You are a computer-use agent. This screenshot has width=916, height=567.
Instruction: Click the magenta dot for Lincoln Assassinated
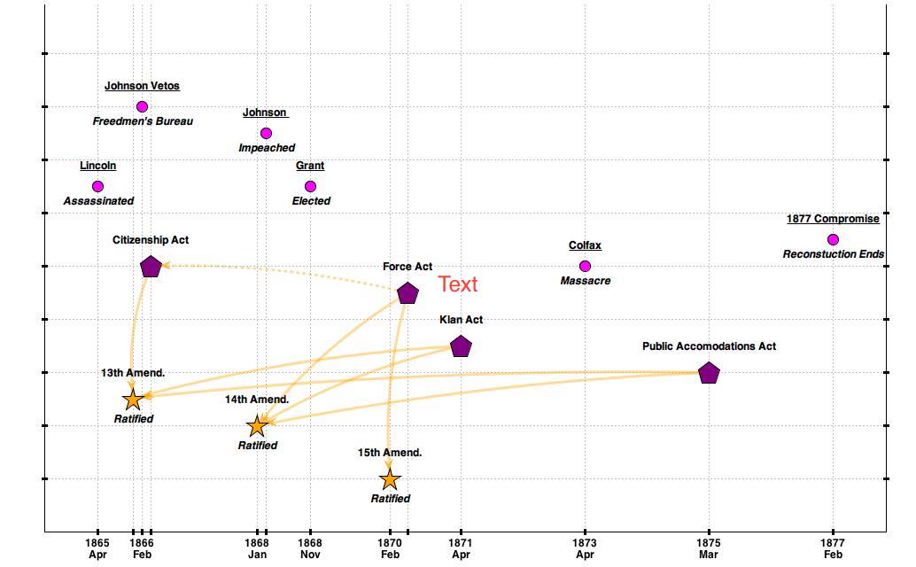97,186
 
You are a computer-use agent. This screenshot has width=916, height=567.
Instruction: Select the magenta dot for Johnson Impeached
266,133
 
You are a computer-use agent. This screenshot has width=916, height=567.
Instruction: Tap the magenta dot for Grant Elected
310,186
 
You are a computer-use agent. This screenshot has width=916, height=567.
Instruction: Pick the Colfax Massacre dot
585,266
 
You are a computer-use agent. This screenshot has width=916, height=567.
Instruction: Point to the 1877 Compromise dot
833,239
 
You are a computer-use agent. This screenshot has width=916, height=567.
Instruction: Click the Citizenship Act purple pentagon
151,266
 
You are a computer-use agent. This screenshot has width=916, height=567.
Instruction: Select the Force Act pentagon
408,293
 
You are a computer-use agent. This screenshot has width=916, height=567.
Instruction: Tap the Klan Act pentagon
461,346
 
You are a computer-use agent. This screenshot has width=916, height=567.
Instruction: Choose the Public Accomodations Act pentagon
709,373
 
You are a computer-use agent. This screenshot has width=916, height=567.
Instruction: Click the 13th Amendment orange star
133,400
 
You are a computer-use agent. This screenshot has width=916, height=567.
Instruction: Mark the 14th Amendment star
257,426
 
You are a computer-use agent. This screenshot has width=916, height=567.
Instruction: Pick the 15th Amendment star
390,479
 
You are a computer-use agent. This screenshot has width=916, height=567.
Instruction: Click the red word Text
458,284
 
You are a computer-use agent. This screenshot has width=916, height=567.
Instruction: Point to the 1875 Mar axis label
708,548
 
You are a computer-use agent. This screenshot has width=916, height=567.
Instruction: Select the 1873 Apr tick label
584,548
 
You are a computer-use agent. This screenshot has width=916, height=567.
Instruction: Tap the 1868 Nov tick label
309,548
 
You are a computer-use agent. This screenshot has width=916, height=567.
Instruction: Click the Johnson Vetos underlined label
142,86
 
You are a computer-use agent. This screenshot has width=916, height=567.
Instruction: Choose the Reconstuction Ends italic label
833,254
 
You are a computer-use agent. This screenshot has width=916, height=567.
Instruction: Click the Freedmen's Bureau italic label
143,121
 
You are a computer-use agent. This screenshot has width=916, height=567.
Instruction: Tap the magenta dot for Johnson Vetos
142,106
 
